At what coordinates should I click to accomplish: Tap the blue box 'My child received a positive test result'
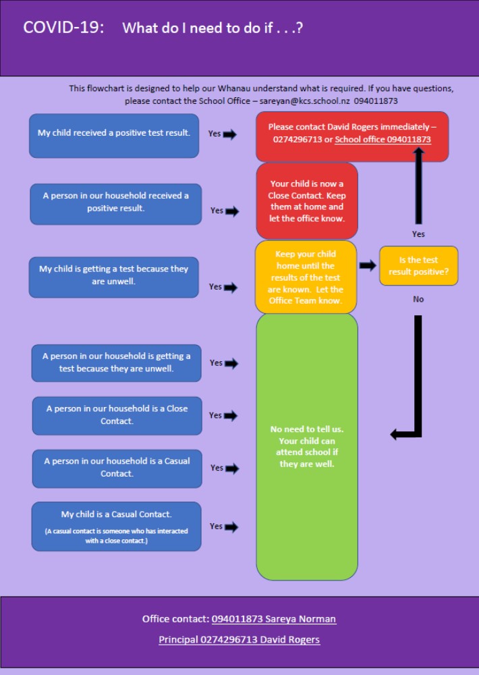click(114, 136)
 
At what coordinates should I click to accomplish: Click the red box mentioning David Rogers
click(352, 136)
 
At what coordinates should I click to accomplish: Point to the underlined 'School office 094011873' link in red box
click(383, 140)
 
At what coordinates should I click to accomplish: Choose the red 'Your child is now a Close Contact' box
click(307, 200)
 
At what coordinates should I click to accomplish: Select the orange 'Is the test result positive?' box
click(418, 265)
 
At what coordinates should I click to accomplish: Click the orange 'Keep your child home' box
click(306, 277)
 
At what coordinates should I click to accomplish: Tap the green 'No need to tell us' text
click(307, 446)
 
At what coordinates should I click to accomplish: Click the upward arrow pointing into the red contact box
click(418, 186)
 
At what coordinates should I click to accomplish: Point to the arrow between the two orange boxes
click(368, 265)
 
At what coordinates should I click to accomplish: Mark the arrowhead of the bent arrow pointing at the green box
click(394, 434)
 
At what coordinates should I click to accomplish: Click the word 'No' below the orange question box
click(418, 299)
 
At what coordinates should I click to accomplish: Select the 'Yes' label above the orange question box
click(418, 234)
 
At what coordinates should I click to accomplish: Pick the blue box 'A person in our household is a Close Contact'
click(117, 415)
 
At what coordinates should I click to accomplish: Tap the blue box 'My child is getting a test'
click(113, 277)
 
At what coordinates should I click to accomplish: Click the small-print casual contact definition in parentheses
click(116, 536)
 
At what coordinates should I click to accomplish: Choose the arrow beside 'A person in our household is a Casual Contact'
click(231, 468)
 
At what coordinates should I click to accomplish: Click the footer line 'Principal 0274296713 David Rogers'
click(239, 640)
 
